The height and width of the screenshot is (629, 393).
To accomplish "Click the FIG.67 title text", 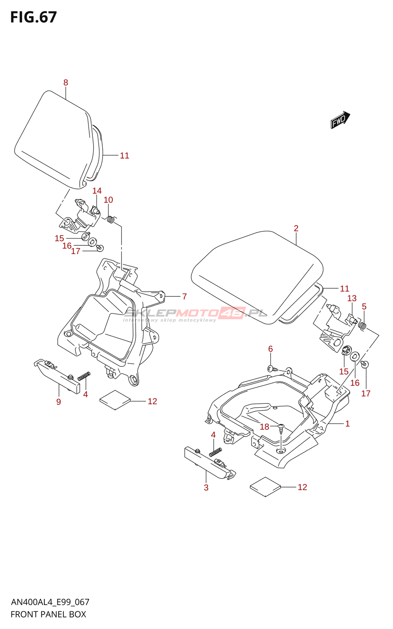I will click(33, 17).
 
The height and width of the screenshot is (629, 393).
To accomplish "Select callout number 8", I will click(66, 83).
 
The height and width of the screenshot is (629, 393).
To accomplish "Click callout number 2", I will click(296, 228).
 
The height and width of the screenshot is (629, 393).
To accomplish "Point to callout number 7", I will click(184, 296).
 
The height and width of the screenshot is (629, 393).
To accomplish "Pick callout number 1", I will click(347, 423).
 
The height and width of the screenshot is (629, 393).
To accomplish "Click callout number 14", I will click(97, 191).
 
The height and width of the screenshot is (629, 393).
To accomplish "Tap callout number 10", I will click(108, 200).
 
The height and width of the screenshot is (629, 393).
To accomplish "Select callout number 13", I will click(352, 298).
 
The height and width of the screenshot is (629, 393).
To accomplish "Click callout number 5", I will click(364, 306).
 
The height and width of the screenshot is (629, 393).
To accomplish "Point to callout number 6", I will click(270, 349).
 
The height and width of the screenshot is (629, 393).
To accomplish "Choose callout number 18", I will click(264, 427).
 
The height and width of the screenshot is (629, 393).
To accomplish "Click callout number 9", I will click(59, 401).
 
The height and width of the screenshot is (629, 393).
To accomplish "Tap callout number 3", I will click(206, 487).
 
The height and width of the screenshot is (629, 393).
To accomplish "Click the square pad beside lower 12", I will click(265, 487).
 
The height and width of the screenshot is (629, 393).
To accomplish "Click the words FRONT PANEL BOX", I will click(48, 614).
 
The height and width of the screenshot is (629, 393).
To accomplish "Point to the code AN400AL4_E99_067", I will click(50, 602).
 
